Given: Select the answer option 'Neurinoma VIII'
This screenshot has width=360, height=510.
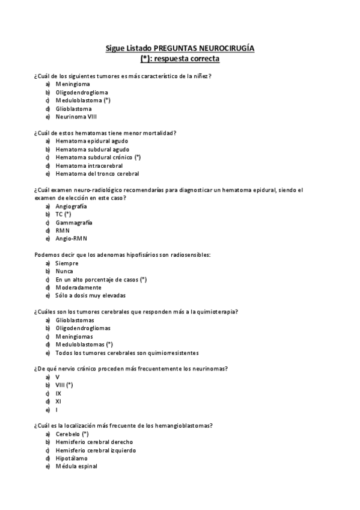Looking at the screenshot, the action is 76,117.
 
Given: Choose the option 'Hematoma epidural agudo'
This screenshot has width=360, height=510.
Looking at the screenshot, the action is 92,141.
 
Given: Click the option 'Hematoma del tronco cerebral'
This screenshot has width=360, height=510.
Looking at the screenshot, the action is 97,174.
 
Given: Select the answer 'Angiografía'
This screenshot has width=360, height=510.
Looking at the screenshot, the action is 71,206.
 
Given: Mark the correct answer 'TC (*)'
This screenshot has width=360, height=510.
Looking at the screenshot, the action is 63,214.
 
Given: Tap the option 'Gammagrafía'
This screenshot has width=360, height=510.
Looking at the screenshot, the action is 74,223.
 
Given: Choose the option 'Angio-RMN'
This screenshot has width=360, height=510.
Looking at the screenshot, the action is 71,239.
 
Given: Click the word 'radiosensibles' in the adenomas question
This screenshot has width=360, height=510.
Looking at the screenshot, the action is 191,255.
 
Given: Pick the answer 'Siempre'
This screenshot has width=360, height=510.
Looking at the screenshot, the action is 67,263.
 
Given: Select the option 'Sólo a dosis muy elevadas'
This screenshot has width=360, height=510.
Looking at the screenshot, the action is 91,295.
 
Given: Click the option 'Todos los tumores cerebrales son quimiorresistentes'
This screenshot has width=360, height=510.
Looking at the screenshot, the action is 127,353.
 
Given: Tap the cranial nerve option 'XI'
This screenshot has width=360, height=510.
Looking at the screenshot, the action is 58,401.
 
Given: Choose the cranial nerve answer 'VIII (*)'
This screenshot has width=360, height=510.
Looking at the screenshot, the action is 64,385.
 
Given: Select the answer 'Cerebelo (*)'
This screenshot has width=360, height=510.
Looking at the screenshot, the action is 72,434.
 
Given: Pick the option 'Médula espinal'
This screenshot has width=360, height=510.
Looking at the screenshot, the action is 76,466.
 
